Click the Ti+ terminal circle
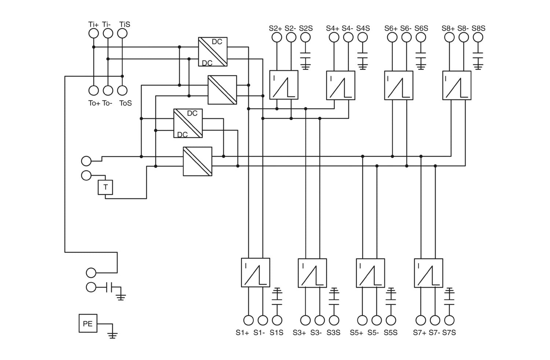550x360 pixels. pos(93,33)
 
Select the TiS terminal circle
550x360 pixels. pos(122,33)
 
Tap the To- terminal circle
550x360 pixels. pos(108,90)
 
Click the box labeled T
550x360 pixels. pos(105,188)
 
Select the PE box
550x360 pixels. pos(88,323)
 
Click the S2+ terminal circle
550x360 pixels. pos(277,37)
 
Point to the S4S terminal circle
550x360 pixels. pos(362,37)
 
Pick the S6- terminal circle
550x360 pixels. pos(407,37)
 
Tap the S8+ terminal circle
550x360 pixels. pos(449,37)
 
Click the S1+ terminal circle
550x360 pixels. pos(248,320)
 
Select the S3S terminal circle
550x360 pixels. pos(334,320)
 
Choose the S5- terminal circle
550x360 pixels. pos(377,320)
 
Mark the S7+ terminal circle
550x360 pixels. pos(421,320)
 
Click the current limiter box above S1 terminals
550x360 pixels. pos(256,273)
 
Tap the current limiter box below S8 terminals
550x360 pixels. pos(456,85)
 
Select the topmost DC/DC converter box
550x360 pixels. pos(213,52)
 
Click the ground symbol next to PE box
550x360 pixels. pos(113,334)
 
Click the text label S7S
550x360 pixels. pos(449,333)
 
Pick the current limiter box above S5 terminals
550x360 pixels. pos(370,273)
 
